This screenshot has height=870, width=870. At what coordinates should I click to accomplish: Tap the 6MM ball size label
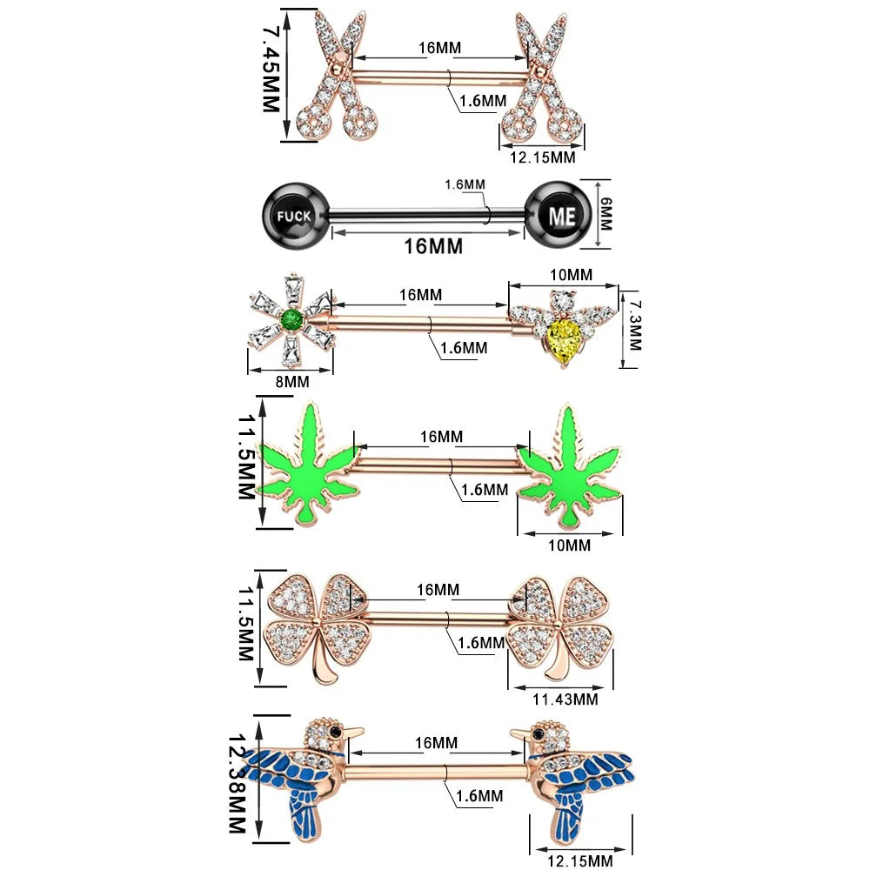pos(606,212)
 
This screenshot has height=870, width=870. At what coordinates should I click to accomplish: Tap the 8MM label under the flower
pos(291,381)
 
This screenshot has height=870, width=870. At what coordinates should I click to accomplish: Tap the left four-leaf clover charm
pos(315,625)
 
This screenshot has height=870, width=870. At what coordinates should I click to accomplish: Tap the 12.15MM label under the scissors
pos(544,157)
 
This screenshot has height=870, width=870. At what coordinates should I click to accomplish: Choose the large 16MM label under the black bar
pos(433,246)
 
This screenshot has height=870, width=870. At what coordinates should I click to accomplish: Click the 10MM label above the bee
pos(572,275)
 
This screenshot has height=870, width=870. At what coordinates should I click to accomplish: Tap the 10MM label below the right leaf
pos(569,545)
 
